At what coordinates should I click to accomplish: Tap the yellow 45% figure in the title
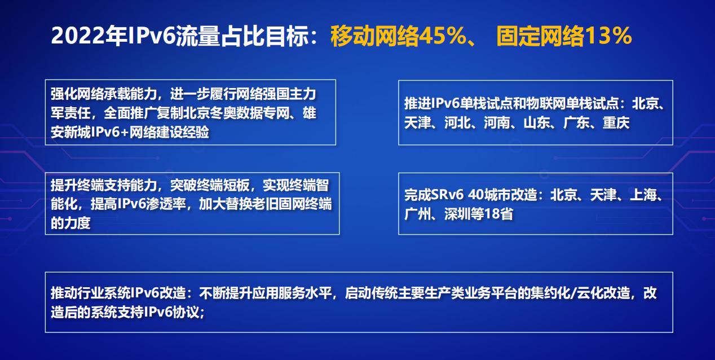(x=443, y=36)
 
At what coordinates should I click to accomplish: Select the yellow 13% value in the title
(x=608, y=36)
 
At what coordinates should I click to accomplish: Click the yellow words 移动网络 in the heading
(x=375, y=36)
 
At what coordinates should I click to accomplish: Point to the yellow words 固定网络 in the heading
(x=541, y=36)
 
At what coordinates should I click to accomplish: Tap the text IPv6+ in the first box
(x=110, y=132)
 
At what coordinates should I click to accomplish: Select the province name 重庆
(x=616, y=123)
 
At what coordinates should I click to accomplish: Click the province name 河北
(x=457, y=123)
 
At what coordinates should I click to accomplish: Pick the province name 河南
(x=497, y=123)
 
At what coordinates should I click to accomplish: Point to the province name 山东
(x=537, y=123)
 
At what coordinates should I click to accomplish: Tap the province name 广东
(x=576, y=123)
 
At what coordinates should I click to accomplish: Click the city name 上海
(x=643, y=195)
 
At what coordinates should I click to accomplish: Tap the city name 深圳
(x=457, y=214)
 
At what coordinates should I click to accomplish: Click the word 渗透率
(x=166, y=204)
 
